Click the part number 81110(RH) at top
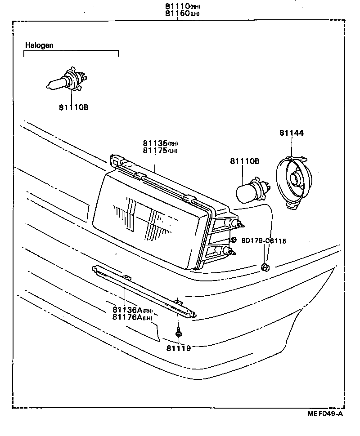point(181,7)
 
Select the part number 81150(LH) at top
point(181,13)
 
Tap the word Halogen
point(39,45)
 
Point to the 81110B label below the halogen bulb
point(73,107)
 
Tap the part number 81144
point(291,133)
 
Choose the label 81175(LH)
point(160,151)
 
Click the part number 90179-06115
point(264,241)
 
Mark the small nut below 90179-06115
point(265,268)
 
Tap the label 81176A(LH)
point(132,317)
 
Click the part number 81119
point(179,348)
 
